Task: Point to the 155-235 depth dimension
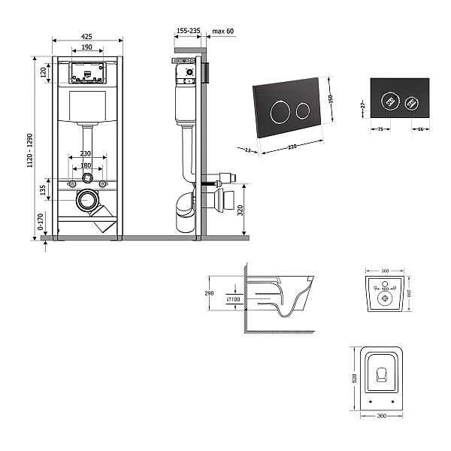pos(188,31)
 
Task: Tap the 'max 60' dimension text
pos(223,31)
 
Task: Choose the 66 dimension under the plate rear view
pos(419,129)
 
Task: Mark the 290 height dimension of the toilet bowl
pos(209,293)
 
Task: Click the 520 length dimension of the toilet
pos(353,379)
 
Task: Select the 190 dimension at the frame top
pos(87,47)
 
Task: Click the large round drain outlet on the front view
pos(89,200)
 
